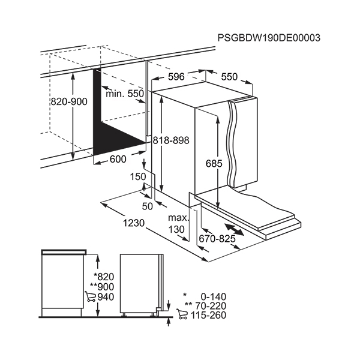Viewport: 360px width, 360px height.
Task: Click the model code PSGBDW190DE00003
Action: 269,38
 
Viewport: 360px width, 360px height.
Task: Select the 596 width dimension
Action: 176,77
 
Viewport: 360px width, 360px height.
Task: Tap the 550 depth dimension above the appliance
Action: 229,77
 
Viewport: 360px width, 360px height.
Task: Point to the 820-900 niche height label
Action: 69,101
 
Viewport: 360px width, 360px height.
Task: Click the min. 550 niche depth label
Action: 125,94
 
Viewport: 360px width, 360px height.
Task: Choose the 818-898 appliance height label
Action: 171,140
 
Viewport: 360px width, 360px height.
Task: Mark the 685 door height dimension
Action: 214,163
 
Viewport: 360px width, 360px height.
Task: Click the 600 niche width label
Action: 118,159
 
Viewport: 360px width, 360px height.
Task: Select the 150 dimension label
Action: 138,177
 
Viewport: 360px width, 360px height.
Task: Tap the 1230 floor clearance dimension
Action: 134,223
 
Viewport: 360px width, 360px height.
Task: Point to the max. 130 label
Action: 177,223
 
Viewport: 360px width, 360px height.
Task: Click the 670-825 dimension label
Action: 217,239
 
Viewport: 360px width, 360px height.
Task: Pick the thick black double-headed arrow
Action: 234,229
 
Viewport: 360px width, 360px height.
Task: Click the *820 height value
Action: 104,277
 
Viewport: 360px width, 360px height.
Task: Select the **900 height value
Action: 102,287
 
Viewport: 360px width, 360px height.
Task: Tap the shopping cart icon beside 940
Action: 90,296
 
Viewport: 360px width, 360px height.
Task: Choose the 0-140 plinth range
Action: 214,296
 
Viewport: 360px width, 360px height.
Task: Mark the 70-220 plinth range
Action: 211,306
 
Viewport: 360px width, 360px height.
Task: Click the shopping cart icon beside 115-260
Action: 182,314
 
